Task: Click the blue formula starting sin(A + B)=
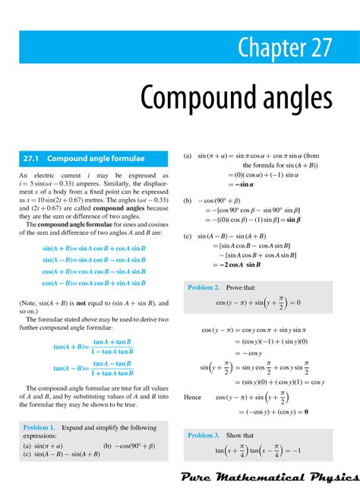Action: point(93,249)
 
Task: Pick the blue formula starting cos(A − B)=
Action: point(93,283)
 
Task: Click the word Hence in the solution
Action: point(193,397)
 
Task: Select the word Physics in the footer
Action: point(328,476)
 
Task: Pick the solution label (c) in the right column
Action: point(187,236)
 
